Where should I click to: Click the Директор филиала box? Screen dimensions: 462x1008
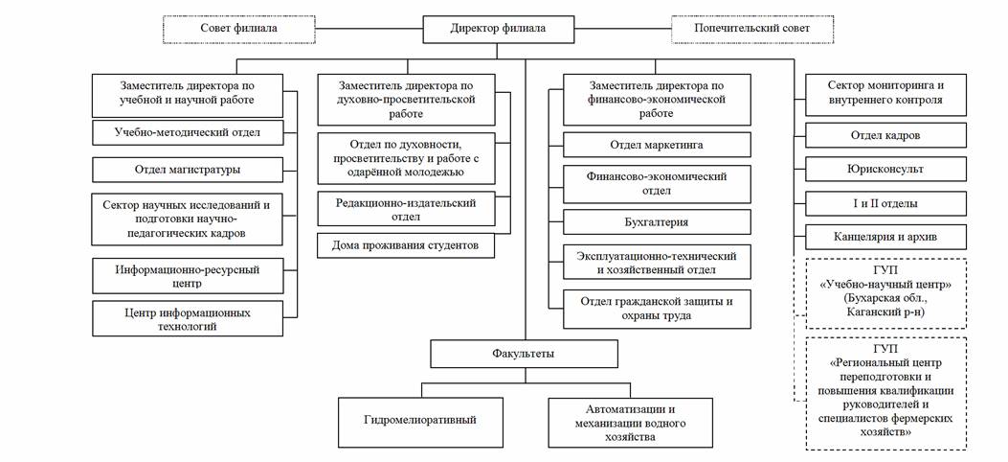tap(499, 29)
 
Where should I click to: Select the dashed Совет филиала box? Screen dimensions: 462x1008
tap(238, 29)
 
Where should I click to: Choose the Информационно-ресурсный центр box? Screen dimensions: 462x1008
tap(189, 276)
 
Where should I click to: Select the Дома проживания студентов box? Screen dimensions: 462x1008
tap(407, 245)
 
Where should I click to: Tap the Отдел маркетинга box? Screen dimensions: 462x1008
tap(656, 145)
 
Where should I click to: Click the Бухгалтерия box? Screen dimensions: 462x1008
tap(656, 222)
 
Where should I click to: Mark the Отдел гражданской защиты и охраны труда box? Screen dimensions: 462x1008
tap(656, 309)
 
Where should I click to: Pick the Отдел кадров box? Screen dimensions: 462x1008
tap(885, 135)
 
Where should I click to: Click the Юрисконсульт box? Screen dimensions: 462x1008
tap(885, 169)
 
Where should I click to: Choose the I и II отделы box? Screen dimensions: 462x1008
tap(885, 203)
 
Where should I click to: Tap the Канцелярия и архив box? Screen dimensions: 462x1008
tap(885, 236)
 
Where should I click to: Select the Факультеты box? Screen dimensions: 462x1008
tap(516, 355)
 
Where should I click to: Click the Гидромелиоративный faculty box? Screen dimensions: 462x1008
tap(420, 421)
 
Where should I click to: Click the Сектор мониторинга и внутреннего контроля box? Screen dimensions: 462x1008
tap(885, 92)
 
